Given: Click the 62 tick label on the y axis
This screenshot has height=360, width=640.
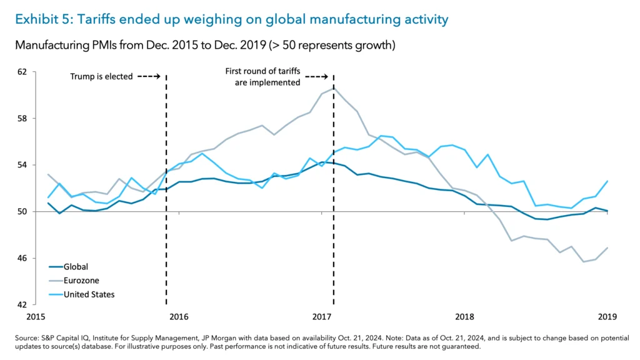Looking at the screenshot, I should tap(23, 72).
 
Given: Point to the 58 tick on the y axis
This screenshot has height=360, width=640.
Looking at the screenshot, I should tap(23, 119).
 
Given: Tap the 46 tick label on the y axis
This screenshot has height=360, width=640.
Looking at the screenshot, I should tap(23, 258).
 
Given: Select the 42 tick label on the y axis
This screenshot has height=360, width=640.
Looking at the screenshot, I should tap(23, 305).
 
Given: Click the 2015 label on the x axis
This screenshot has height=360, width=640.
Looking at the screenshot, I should tap(36, 317).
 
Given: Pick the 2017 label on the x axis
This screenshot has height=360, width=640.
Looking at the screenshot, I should tap(322, 317).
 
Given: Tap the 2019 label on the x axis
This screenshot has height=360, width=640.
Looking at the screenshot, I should tap(608, 317).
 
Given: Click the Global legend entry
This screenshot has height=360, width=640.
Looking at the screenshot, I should tap(76, 267).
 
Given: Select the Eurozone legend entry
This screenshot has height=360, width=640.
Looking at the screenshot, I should tap(81, 281).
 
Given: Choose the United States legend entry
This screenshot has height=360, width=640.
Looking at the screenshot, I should tap(89, 294).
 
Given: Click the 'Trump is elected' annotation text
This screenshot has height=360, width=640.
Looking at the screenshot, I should tap(101, 77).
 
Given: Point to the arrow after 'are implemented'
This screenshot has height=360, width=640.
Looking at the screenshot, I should tap(316, 77).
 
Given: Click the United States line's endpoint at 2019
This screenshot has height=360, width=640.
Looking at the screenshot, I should tap(607, 181).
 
